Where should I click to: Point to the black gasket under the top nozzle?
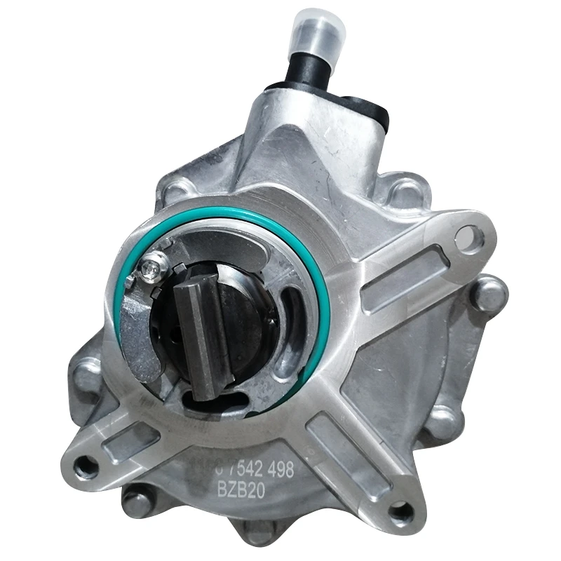(x=365, y=105)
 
